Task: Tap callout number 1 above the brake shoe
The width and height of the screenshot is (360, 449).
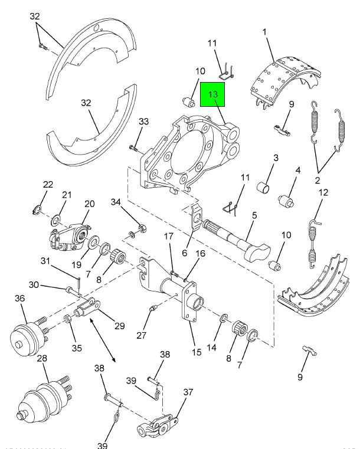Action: coord(265,31)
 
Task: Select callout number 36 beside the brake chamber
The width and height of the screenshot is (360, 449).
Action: coord(20,299)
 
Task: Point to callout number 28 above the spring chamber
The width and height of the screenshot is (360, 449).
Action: coord(42,359)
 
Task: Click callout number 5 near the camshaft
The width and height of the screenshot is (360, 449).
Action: coord(254,216)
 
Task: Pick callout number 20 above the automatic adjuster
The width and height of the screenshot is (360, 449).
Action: coord(89,204)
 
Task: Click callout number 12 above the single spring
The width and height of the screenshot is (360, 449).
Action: coord(323,192)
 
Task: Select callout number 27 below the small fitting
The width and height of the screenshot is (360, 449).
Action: coord(141,335)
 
